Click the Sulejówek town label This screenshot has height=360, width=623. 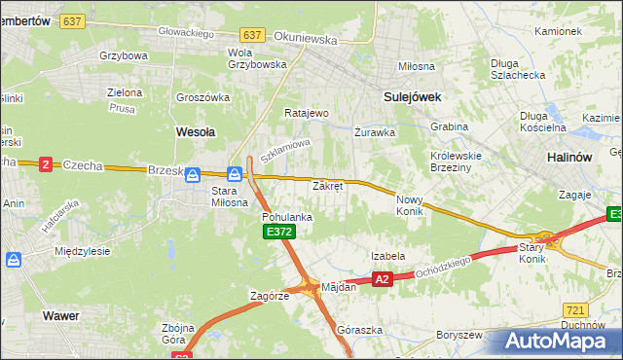[413, 97]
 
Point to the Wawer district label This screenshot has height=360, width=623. [60, 315]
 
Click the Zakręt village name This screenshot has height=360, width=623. [327, 186]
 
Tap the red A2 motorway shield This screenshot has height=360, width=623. [383, 279]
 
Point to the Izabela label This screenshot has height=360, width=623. [387, 256]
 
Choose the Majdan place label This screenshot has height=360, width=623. [339, 287]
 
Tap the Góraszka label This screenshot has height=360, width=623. [355, 330]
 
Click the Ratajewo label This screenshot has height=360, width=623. [307, 113]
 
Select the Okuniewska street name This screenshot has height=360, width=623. [306, 41]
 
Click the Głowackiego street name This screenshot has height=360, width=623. [187, 32]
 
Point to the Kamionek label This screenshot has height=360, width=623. [558, 31]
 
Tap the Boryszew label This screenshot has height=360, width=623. [459, 335]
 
